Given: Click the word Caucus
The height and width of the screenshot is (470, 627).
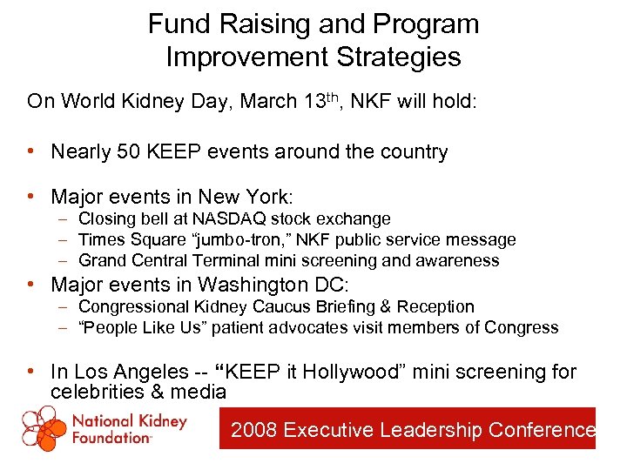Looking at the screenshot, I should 262,306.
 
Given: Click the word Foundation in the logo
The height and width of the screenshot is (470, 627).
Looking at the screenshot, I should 112,438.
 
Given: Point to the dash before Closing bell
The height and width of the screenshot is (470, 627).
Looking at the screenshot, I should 65,218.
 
